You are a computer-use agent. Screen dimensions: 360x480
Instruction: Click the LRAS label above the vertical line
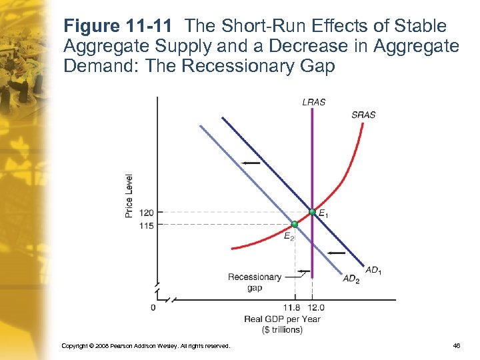313,102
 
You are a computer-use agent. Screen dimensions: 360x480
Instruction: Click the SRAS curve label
363,115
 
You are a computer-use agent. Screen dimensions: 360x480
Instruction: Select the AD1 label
373,270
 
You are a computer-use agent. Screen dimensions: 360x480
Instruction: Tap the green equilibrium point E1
311,212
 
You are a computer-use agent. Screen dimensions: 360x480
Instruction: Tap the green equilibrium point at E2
295,225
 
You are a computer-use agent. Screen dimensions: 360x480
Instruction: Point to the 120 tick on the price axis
147,213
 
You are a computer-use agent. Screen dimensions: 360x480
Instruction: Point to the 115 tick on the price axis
147,225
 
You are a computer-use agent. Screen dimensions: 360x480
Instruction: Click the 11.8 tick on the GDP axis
291,307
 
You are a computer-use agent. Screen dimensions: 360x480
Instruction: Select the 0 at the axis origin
153,307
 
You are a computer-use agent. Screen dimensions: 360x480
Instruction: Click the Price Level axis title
129,195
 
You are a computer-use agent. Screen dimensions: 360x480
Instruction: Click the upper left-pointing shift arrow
251,163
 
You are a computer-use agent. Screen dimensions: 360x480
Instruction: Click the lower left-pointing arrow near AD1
337,253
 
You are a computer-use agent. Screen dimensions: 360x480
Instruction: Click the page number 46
456,345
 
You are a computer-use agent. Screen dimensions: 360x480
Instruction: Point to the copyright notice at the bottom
145,345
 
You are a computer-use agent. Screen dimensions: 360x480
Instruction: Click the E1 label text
323,214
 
